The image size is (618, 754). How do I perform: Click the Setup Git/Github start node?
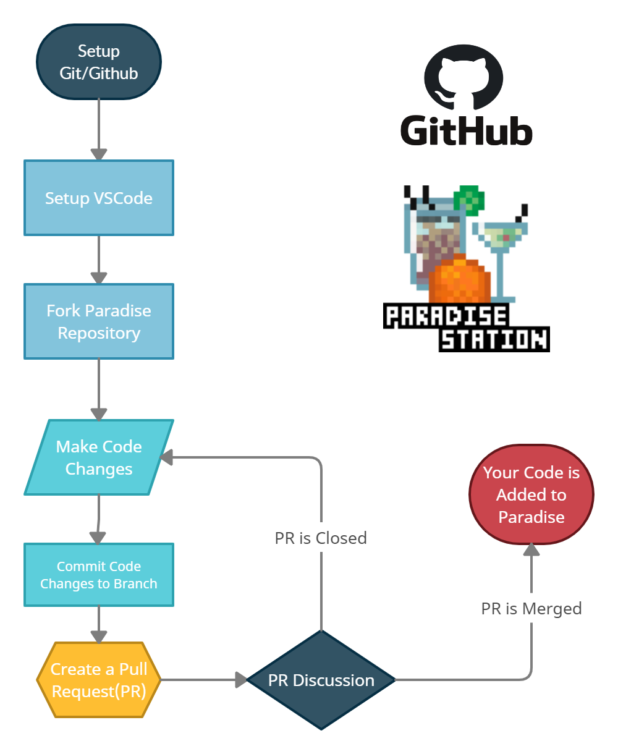pyautogui.click(x=99, y=62)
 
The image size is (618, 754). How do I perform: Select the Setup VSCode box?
pyautogui.click(x=99, y=198)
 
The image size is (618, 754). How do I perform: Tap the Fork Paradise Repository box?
pyautogui.click(x=99, y=321)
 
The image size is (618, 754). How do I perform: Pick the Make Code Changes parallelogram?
pyautogui.click(x=99, y=457)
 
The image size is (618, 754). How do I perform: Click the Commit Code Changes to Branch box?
pyautogui.click(x=99, y=575)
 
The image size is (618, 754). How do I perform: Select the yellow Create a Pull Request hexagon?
pyautogui.click(x=99, y=680)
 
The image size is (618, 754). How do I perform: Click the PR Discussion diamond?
pyautogui.click(x=321, y=680)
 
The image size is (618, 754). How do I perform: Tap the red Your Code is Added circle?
pyautogui.click(x=531, y=494)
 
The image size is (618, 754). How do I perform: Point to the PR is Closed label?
pyautogui.click(x=321, y=538)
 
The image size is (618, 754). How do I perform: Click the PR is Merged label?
pyautogui.click(x=531, y=609)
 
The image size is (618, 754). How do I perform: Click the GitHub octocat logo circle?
pyautogui.click(x=463, y=77)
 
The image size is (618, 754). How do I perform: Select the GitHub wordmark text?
pyautogui.click(x=466, y=130)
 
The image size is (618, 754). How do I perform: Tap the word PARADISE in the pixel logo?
pyautogui.click(x=446, y=316)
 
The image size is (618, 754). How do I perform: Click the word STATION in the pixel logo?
pyautogui.click(x=494, y=339)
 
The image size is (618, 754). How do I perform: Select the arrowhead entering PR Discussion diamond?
pyautogui.click(x=241, y=680)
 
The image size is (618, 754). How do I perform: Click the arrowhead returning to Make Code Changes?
pyautogui.click(x=166, y=457)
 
